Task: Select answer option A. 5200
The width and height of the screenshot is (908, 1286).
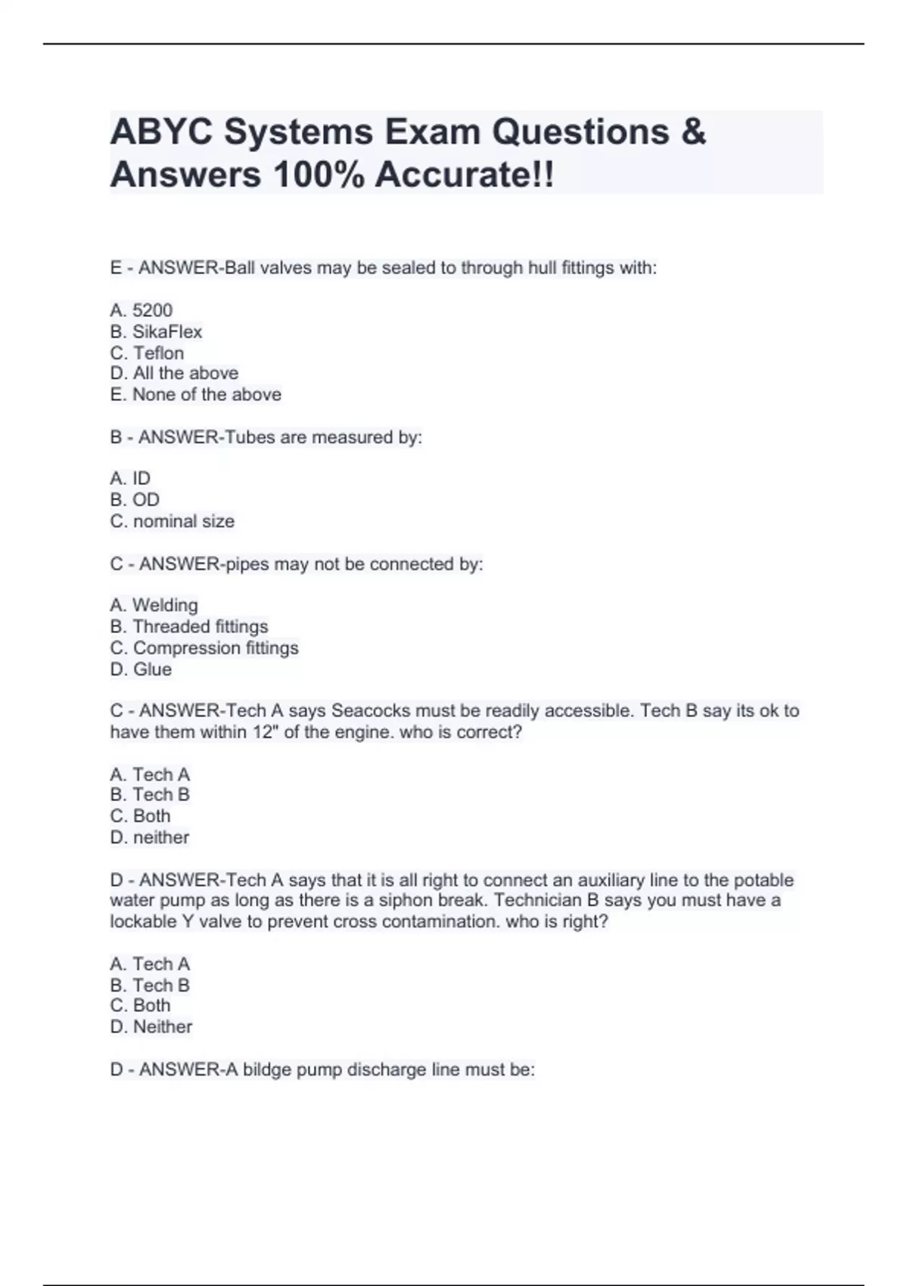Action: pyautogui.click(x=141, y=310)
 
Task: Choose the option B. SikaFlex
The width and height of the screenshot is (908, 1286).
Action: pyautogui.click(x=156, y=331)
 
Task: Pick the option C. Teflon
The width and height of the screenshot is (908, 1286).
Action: pyautogui.click(x=147, y=353)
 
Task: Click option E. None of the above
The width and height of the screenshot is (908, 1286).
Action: pyautogui.click(x=195, y=394)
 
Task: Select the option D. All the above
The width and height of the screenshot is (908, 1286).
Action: pyautogui.click(x=174, y=373)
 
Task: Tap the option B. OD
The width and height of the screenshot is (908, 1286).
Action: pyautogui.click(x=135, y=499)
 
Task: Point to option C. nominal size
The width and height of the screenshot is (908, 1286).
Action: pyautogui.click(x=172, y=521)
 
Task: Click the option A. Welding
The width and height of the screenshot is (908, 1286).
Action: pyautogui.click(x=154, y=605)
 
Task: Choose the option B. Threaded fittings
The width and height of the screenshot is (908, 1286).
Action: pyautogui.click(x=188, y=626)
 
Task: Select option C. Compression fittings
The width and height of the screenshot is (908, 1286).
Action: pyautogui.click(x=204, y=648)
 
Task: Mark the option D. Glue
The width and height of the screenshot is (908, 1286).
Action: pyautogui.click(x=141, y=669)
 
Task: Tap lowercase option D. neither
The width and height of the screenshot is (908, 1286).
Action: pyautogui.click(x=149, y=837)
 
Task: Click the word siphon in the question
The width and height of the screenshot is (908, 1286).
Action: pyautogui.click(x=406, y=900)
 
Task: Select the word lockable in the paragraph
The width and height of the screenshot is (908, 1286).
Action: pyautogui.click(x=142, y=921)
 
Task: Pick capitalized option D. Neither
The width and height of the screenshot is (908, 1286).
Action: pyautogui.click(x=151, y=1027)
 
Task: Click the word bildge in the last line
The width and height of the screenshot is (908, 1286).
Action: pyautogui.click(x=269, y=1070)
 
